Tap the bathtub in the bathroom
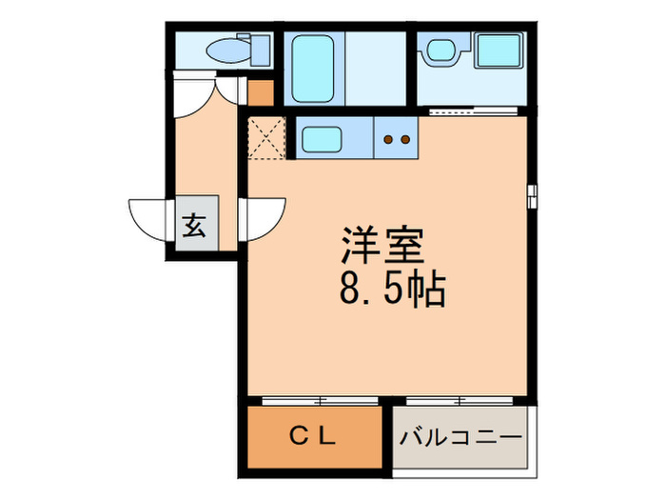click(x=310, y=68)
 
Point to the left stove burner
click(x=389, y=140)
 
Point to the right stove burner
click(x=404, y=140)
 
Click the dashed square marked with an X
click(x=267, y=138)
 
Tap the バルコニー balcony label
click(x=460, y=437)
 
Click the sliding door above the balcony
click(x=461, y=399)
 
